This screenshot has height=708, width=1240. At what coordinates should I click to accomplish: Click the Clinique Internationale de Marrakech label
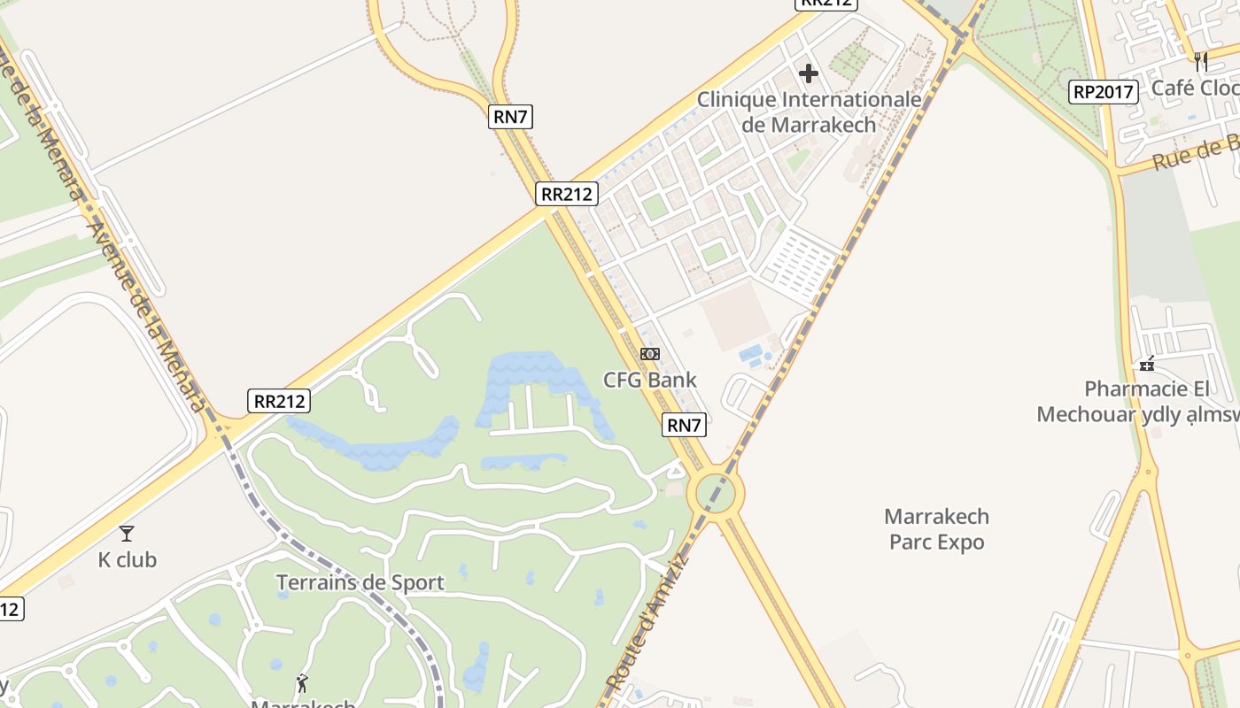[x=809, y=112]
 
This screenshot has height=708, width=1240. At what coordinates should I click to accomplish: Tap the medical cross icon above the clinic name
[x=809, y=73]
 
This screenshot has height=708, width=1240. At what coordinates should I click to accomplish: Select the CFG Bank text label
[x=649, y=380]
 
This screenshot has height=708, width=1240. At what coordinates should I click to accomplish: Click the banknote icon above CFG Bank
[x=650, y=354]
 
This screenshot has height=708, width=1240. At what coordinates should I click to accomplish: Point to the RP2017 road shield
[x=1103, y=91]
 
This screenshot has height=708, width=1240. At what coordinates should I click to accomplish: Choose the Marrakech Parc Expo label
[x=936, y=528]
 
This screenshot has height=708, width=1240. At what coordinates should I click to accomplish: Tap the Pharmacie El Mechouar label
[x=1135, y=401]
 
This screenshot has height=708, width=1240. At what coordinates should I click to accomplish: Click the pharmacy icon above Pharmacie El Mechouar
[x=1147, y=363]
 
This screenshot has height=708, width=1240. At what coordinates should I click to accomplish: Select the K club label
[x=127, y=559]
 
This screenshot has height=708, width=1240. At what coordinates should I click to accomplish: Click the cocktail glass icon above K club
[x=127, y=533]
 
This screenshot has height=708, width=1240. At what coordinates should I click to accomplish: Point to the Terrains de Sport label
[x=360, y=582]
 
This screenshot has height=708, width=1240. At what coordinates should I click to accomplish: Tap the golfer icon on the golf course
[x=303, y=683]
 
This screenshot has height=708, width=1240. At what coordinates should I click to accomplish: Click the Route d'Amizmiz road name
[x=647, y=621]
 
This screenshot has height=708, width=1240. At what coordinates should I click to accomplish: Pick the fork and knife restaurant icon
[x=1201, y=61]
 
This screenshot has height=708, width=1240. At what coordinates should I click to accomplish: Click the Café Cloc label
[x=1195, y=88]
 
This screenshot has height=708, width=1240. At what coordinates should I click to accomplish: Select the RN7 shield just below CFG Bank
[x=684, y=425]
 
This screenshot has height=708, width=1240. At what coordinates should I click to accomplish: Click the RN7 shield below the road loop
[x=510, y=116]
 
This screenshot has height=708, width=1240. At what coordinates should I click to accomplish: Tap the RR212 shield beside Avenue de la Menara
[x=280, y=401]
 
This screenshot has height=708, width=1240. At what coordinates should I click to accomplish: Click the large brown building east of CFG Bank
[x=736, y=316]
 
